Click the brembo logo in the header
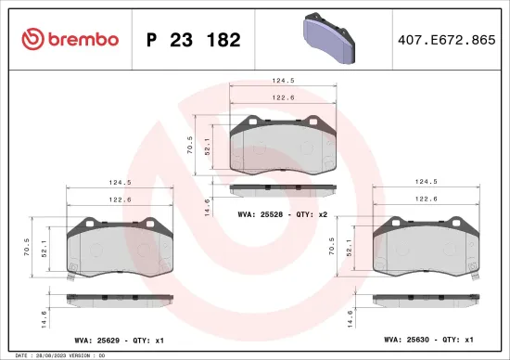70,39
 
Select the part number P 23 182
194,40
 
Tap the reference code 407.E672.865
443,40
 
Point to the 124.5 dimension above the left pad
120,182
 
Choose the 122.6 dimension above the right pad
426,199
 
